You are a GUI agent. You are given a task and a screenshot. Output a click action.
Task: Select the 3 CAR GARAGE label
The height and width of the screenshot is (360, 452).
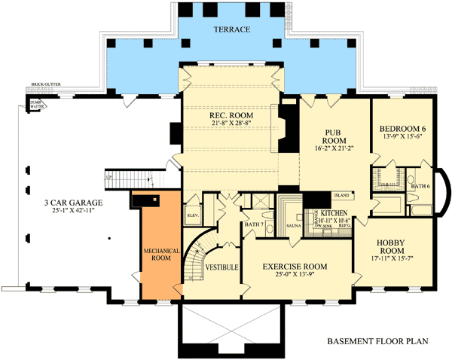click(x=73, y=203)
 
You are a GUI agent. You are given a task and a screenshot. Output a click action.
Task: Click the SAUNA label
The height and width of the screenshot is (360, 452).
click(x=294, y=225)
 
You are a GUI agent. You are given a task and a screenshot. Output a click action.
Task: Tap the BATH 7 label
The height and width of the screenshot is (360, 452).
click(x=254, y=224)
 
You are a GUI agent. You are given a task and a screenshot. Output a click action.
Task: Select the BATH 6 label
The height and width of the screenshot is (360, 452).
click(x=420, y=186)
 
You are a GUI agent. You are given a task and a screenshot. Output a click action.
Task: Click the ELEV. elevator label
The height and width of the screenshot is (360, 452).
click(x=191, y=215)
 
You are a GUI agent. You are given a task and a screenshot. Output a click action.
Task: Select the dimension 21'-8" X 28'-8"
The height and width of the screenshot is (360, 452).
click(x=231, y=124)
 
